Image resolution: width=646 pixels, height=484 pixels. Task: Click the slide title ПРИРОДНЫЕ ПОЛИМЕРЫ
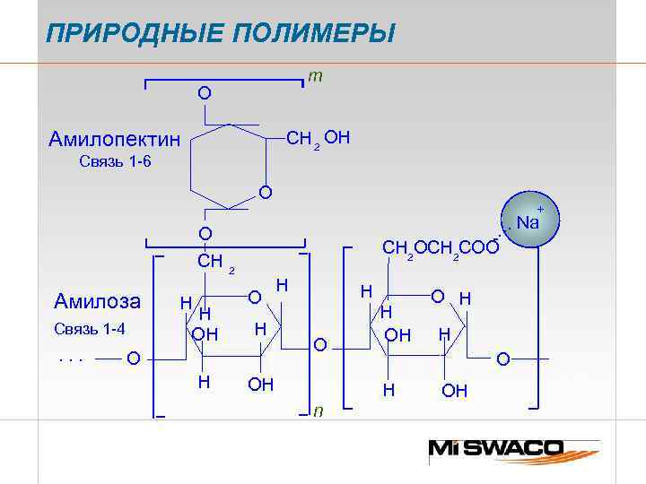click(221, 35)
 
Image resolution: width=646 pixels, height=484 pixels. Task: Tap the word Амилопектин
click(114, 141)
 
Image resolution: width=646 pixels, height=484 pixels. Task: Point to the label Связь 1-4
click(90, 328)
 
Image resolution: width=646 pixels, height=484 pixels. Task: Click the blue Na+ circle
click(528, 221)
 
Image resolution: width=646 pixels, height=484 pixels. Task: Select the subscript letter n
click(318, 411)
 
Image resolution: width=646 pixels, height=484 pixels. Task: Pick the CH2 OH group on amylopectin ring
click(318, 138)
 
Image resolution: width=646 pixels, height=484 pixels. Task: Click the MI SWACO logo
click(508, 448)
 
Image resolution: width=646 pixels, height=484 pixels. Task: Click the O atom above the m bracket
click(205, 93)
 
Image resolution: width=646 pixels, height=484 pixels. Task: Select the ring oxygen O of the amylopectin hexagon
click(265, 192)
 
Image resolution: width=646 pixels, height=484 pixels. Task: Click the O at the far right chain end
click(503, 359)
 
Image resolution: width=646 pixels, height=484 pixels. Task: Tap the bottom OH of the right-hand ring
click(455, 390)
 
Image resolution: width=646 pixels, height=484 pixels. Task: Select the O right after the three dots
click(133, 359)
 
